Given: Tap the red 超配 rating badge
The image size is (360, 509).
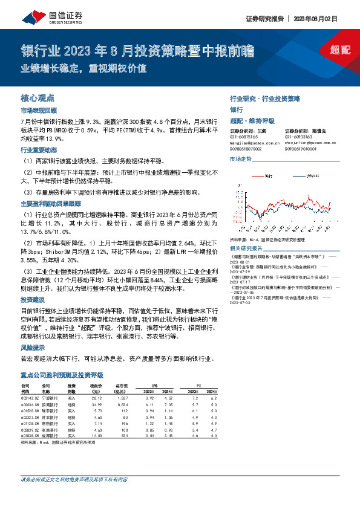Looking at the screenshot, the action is coord(341,50).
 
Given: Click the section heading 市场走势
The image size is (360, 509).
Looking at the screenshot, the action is coord(240,158).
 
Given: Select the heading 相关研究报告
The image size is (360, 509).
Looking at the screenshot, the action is coord(247,248).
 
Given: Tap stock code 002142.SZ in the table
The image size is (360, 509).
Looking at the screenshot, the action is coord(30,398).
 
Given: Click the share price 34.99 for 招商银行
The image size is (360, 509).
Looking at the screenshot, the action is coord(96,404).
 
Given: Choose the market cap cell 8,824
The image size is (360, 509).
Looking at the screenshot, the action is coord(122,404).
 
